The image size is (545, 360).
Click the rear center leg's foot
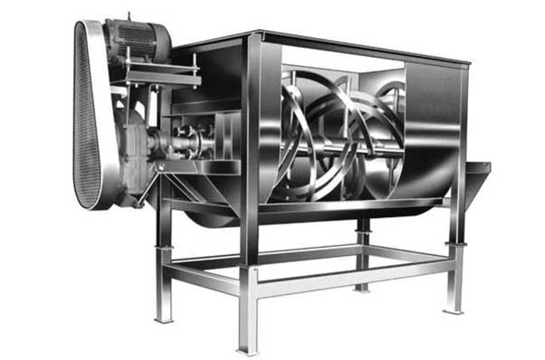coord(362,287)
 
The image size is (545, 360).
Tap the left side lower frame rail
coord(204,279)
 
